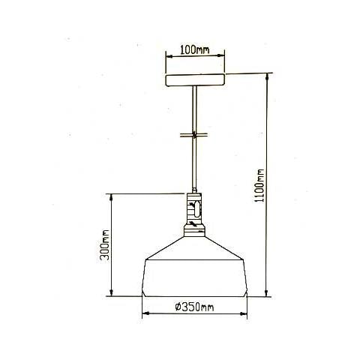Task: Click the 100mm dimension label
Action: point(195,51)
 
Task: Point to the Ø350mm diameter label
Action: point(194,307)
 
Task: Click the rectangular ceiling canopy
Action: point(195,78)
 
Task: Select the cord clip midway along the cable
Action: point(195,136)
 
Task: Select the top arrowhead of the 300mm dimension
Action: point(112,196)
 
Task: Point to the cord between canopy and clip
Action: point(195,109)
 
